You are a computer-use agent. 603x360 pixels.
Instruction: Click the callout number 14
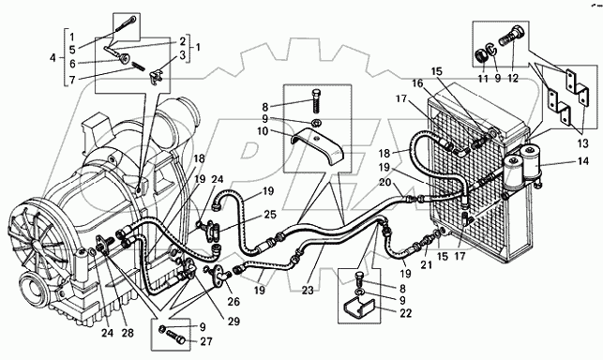(x=583, y=160)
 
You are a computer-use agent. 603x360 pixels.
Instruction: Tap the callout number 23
(x=308, y=291)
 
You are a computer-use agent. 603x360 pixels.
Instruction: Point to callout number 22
(x=405, y=313)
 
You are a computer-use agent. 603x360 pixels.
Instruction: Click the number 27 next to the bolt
(x=206, y=341)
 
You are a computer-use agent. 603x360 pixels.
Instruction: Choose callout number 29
(x=234, y=322)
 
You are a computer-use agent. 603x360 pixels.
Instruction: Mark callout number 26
(x=234, y=302)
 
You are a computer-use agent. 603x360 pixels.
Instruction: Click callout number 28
(x=128, y=333)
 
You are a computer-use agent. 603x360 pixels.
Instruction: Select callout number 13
(x=583, y=143)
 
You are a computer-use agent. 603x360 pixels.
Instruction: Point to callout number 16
(x=417, y=83)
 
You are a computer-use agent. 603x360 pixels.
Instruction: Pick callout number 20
(x=385, y=182)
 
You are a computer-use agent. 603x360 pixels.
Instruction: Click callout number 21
(x=428, y=265)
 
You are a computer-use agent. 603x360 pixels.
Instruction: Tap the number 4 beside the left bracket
(x=53, y=58)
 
